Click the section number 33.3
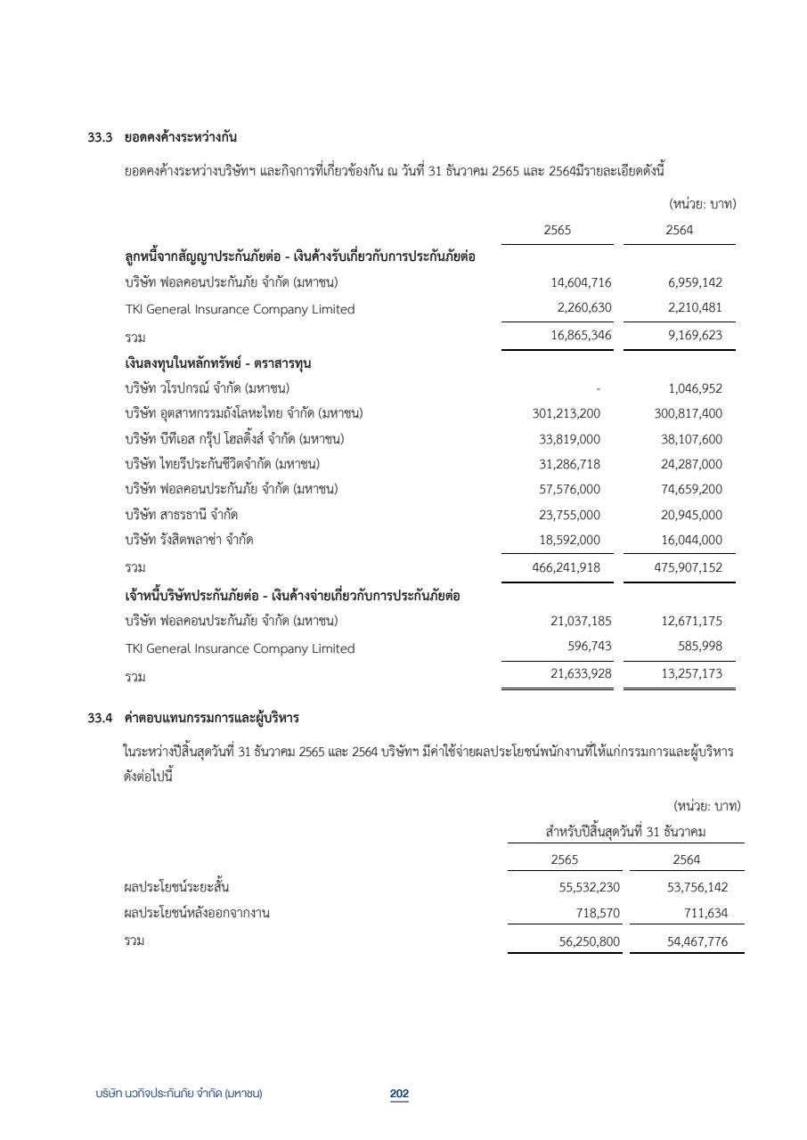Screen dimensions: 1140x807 click(90, 137)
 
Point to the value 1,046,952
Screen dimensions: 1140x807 click(695, 387)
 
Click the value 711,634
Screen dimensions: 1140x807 click(700, 913)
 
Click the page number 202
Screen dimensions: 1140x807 click(399, 1094)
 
